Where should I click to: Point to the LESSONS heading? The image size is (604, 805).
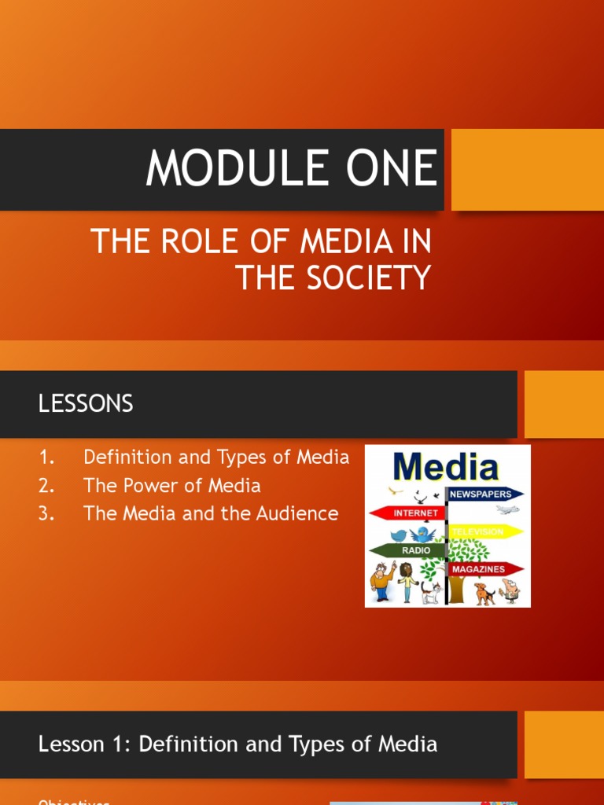click(86, 404)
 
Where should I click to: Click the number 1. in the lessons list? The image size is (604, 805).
click(46, 457)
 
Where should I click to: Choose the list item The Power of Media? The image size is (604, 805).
click(172, 485)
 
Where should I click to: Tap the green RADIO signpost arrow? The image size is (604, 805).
click(409, 550)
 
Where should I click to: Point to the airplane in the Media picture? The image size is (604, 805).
click(508, 509)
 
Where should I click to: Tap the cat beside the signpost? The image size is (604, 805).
click(431, 591)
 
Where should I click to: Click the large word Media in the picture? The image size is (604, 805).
click(446, 468)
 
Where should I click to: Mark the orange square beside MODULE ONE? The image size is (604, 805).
click(528, 170)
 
